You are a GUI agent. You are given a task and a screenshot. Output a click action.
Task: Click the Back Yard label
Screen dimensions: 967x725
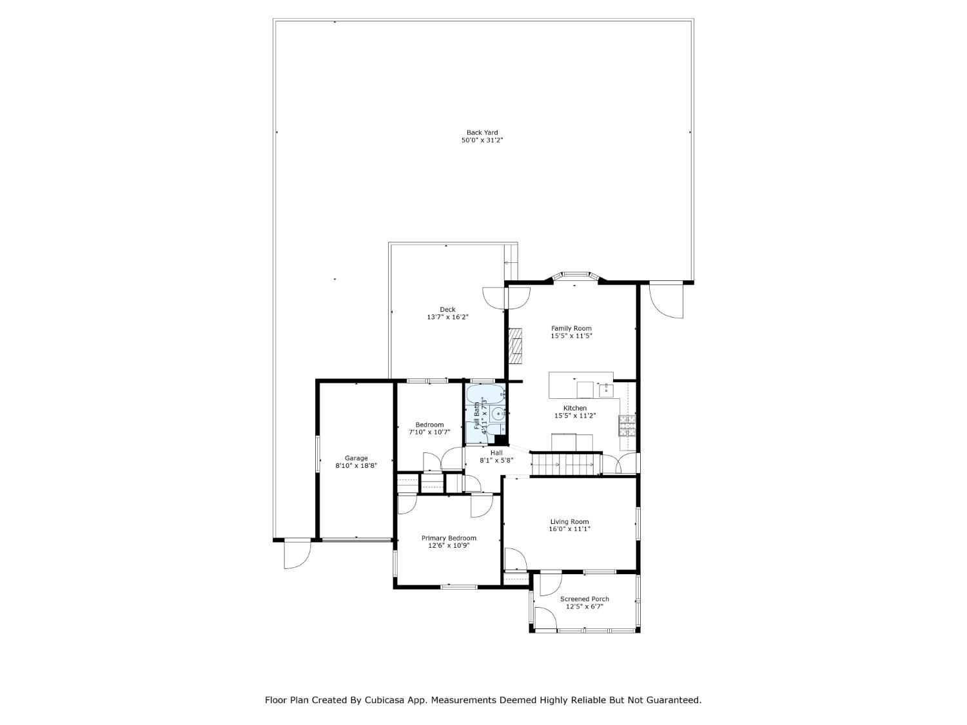[482, 133]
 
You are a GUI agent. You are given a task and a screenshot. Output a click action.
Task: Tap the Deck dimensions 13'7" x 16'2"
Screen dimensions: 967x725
[447, 317]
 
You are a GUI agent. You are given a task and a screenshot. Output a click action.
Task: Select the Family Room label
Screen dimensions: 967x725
[571, 329]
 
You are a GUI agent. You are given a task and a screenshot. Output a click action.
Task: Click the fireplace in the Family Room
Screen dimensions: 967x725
[516, 345]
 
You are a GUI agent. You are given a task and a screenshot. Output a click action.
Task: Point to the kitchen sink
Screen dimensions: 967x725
[606, 390]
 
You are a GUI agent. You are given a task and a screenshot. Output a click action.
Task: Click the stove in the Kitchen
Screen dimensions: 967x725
[627, 426]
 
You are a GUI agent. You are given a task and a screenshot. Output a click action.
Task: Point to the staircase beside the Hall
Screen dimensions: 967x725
[567, 465]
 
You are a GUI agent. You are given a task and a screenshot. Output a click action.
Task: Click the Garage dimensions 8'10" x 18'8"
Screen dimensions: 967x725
[356, 465]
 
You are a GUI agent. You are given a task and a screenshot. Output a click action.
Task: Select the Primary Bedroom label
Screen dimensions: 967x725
[449, 538]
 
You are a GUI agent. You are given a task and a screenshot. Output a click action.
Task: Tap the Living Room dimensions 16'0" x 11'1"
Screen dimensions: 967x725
[569, 529]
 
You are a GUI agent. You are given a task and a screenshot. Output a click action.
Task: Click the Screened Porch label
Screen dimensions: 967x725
[584, 599]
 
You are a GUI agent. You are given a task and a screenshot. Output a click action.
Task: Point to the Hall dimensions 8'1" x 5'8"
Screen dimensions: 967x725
[496, 460]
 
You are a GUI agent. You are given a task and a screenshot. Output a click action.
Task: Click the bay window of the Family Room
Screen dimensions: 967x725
[575, 276]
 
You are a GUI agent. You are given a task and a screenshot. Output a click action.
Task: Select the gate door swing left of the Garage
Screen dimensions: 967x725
[297, 554]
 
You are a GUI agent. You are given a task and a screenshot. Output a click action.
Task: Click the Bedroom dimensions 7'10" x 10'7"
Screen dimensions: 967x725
[429, 432]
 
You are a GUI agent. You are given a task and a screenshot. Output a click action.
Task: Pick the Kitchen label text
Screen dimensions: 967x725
[574, 408]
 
